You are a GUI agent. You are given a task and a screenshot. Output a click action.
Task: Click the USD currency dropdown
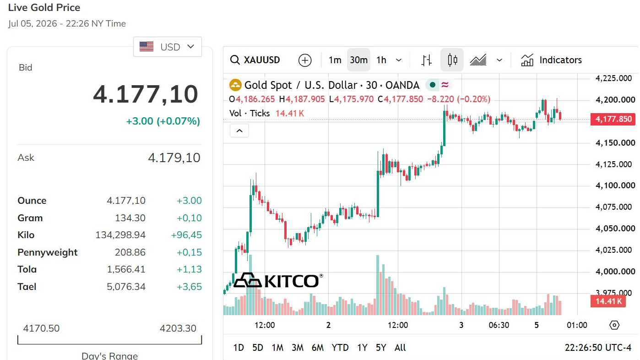pos(168,47)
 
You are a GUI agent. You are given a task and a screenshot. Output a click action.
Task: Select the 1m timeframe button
pos(335,60)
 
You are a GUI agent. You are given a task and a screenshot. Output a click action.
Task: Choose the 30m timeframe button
pos(358,60)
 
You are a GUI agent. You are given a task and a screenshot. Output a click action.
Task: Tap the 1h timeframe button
pos(381,60)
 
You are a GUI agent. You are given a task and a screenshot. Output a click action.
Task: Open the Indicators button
pos(551,60)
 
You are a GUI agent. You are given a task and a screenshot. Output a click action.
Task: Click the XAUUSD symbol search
pos(255,60)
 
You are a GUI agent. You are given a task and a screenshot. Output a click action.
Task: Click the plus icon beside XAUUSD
pos(305,60)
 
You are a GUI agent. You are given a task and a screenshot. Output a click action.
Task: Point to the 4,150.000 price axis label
pos(615,143)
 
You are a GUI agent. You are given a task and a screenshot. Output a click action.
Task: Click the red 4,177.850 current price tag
pos(613,119)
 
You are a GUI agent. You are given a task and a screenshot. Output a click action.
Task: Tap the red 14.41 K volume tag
pos(608,301)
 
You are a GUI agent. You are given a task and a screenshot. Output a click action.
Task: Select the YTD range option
pos(340,348)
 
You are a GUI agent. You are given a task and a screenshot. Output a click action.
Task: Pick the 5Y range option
pos(381,348)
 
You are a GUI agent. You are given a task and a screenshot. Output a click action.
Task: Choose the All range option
pos(400,348)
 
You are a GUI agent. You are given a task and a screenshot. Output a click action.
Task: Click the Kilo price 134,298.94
pos(120,235)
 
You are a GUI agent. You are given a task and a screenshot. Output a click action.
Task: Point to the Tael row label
pos(27,287)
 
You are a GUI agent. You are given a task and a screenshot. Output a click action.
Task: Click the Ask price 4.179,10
pos(174,158)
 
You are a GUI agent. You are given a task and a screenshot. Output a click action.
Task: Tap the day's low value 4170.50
pos(41,328)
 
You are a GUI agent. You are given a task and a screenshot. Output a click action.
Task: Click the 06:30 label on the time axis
pos(499,325)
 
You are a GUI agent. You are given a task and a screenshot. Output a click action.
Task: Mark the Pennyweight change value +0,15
pos(189,252)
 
